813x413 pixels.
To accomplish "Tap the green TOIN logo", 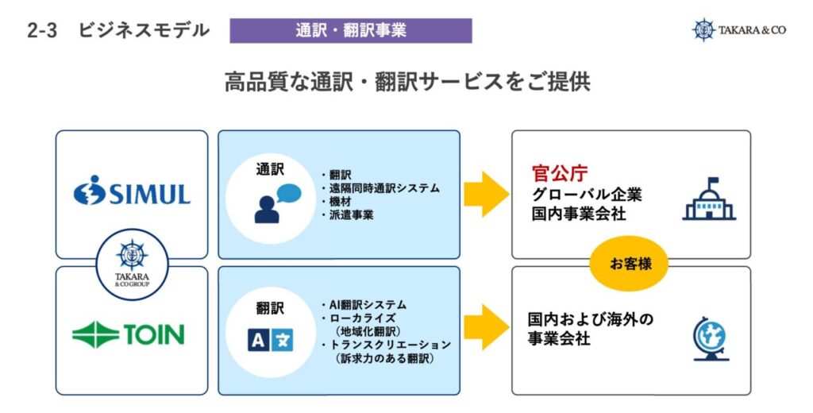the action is click(x=128, y=334).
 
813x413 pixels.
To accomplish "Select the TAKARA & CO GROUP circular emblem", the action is click(x=133, y=264).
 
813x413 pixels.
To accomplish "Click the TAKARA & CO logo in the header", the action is click(x=739, y=30).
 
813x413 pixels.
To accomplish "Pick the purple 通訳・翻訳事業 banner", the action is click(x=350, y=31).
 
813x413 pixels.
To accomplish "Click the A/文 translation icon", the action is click(x=270, y=340).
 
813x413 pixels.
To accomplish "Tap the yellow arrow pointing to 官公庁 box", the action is click(x=486, y=194).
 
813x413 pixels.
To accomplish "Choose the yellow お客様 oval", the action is click(x=629, y=264).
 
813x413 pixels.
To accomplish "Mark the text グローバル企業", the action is click(x=587, y=195).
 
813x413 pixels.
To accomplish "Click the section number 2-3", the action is click(x=42, y=31).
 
